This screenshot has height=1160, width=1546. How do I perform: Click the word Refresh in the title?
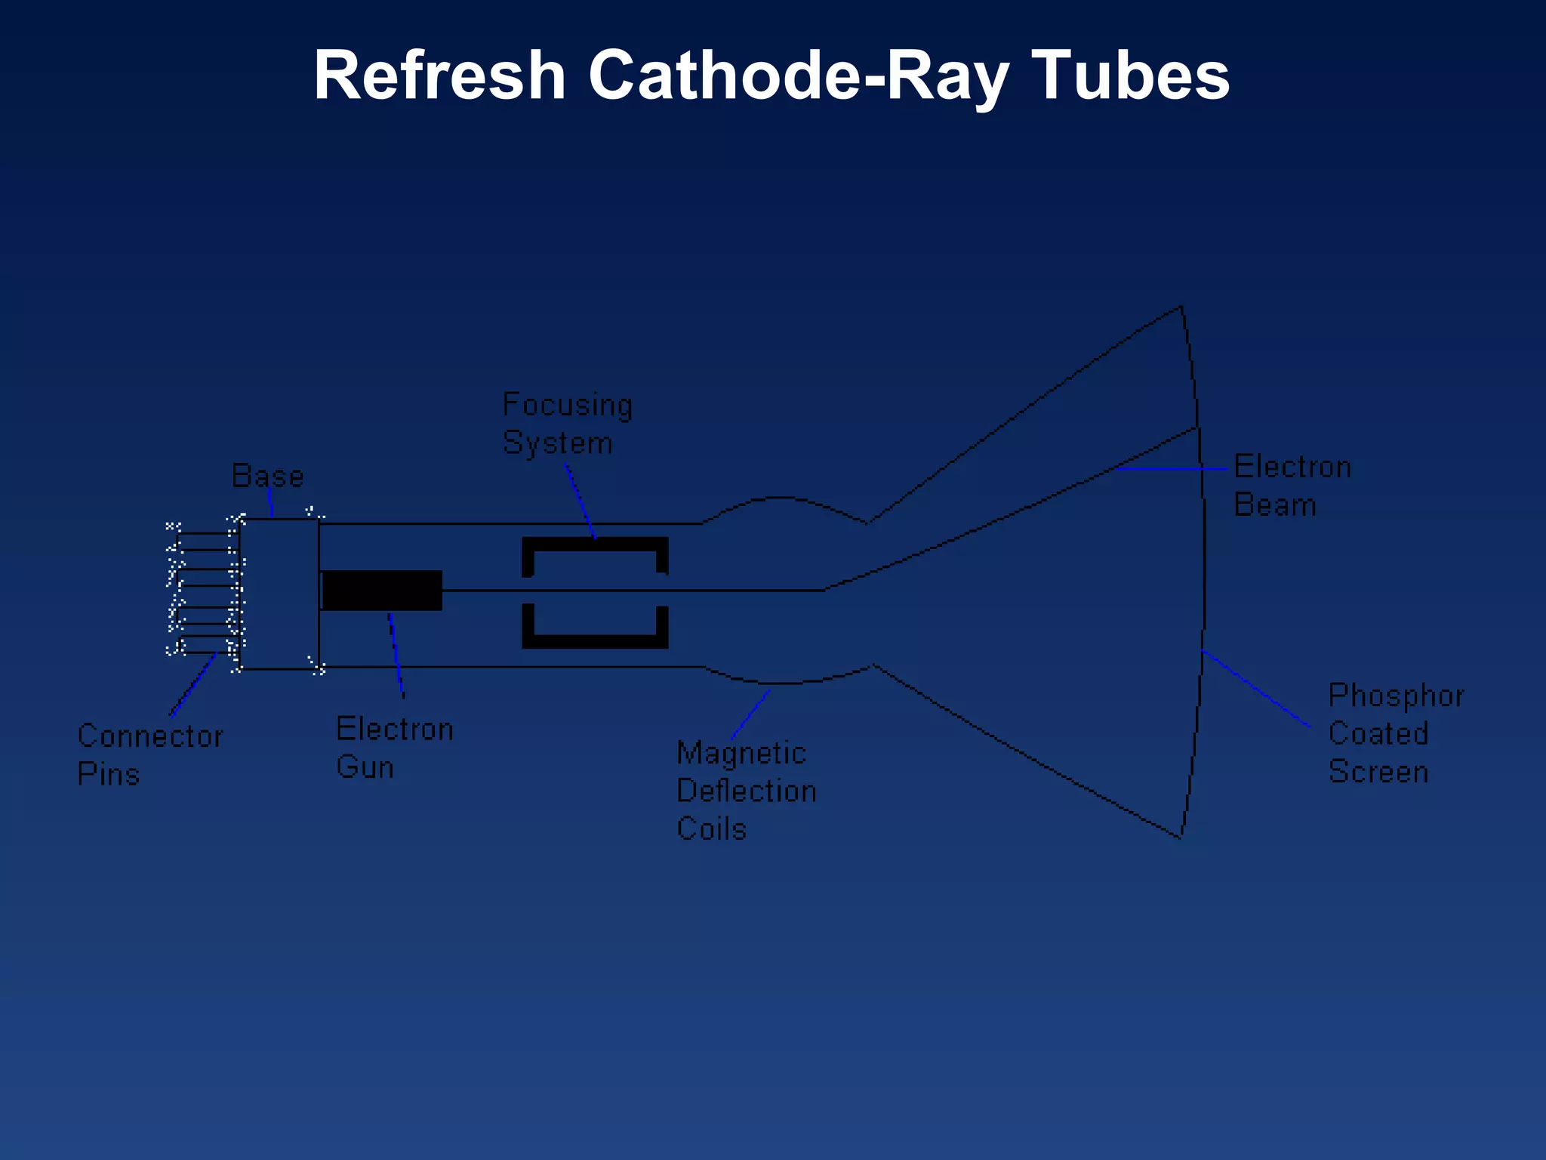point(439,76)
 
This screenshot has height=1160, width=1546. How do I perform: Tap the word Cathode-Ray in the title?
point(798,76)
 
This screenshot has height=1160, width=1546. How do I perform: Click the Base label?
point(267,477)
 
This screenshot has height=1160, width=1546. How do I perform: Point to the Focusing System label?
point(567,424)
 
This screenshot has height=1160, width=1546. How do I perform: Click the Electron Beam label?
point(1292,486)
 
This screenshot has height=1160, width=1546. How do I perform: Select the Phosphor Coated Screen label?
point(1395,733)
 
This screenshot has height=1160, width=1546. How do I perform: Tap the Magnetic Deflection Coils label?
point(745,791)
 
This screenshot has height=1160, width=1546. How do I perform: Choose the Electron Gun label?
point(394,748)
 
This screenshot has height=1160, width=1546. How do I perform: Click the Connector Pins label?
point(149,754)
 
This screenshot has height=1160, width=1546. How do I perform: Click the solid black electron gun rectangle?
point(382,591)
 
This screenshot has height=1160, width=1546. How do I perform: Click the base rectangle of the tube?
point(279,594)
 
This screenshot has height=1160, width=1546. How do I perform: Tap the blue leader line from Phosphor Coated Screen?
point(1256,689)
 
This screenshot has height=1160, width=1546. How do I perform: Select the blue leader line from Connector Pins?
point(193,685)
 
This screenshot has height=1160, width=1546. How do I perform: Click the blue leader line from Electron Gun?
point(396,654)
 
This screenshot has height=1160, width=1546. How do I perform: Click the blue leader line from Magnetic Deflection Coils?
point(750,714)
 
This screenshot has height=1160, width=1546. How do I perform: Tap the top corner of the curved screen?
point(1181,307)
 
